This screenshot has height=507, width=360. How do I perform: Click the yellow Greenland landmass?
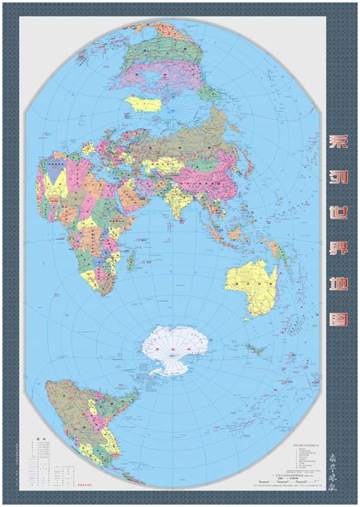point(144,102)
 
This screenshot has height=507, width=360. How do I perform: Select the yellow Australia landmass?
point(250,278)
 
